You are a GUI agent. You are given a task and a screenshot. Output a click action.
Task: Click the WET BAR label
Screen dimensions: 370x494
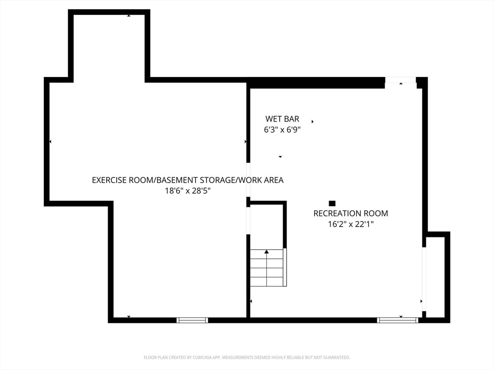coord(282,119)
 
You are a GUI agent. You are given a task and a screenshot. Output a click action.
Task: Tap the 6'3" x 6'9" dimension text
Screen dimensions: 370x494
coord(282,130)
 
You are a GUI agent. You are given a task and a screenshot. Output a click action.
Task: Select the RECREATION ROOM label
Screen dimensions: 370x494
coord(351,213)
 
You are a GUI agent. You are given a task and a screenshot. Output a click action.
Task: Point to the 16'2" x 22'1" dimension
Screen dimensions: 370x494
coord(351,224)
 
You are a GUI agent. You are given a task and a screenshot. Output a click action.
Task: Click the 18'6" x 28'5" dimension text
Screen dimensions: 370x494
coord(188,191)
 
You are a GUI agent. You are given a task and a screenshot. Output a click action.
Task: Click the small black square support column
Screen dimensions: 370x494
coord(332,203)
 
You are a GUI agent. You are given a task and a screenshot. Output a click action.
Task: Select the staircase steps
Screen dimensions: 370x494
coord(268,268)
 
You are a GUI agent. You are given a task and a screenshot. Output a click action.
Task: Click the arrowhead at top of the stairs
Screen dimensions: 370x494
coord(266,251)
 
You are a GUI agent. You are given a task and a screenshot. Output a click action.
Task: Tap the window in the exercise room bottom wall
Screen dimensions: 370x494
coord(192,320)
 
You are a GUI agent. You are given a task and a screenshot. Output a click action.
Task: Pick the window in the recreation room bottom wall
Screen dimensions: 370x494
coord(398,320)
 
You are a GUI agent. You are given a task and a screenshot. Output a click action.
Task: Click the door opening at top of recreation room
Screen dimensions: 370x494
coord(400,80)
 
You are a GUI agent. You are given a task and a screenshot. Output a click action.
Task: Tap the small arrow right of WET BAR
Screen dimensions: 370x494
coord(313,121)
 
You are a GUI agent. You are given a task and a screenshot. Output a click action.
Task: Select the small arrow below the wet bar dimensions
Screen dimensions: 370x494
coord(280,157)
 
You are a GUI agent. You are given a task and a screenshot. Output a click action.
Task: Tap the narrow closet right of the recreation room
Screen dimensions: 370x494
coord(436,277)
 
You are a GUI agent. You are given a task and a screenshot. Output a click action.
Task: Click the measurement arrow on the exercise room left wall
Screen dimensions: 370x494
coord(50,142)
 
